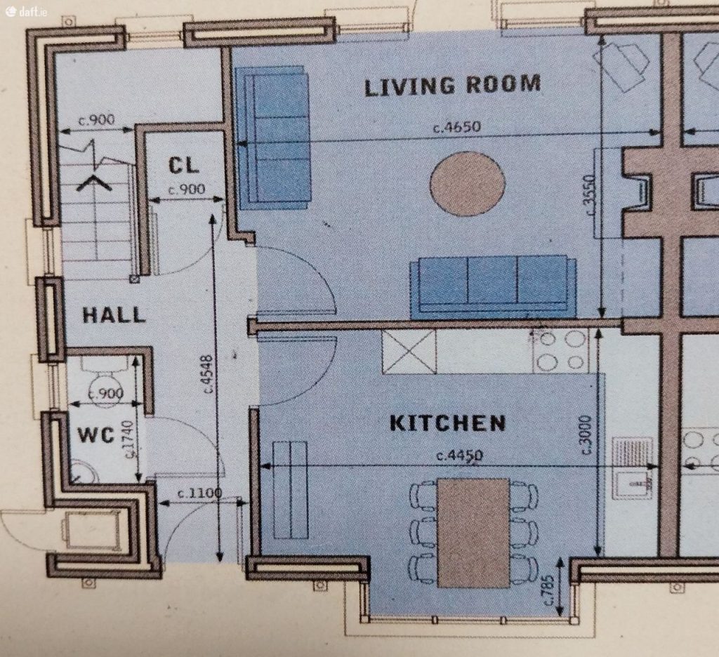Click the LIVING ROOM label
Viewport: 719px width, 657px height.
(x=453, y=85)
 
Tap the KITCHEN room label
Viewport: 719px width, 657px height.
(x=447, y=423)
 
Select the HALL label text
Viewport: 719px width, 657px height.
(x=114, y=315)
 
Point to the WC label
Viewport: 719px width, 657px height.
(x=95, y=434)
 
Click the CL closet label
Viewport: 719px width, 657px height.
(x=183, y=165)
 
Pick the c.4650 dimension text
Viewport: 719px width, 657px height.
(x=456, y=126)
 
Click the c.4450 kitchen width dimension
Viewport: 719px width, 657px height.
(x=459, y=456)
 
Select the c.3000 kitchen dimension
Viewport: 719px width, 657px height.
(x=586, y=434)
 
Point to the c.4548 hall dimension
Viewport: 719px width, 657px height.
(x=207, y=373)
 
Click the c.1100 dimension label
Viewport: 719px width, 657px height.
(x=200, y=493)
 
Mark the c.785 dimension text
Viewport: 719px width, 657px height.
(x=548, y=590)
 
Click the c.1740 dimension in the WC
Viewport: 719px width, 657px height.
(x=129, y=439)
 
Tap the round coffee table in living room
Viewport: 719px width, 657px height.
(x=467, y=183)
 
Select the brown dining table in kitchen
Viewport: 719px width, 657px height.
(x=473, y=533)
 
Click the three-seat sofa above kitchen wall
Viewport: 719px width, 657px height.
(x=494, y=286)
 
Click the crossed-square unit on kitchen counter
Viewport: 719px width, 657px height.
(x=409, y=352)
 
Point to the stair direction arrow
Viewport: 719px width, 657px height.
(x=94, y=182)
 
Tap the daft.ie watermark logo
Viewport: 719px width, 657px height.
(x=26, y=11)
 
